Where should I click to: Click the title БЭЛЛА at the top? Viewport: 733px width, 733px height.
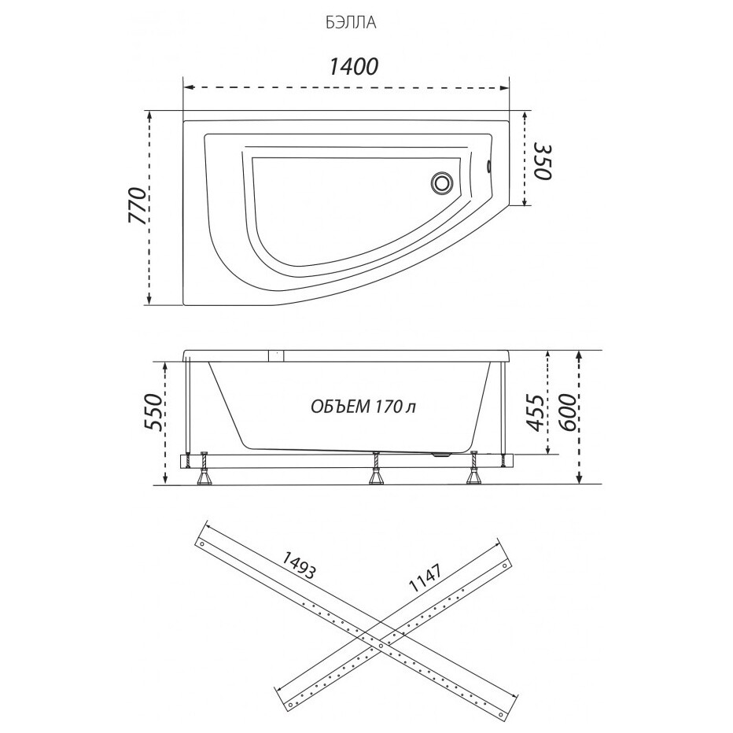[351, 23]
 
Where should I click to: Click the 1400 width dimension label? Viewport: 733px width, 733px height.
[353, 67]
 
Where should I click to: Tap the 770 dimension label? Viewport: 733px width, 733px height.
[138, 206]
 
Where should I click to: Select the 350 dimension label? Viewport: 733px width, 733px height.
[542, 162]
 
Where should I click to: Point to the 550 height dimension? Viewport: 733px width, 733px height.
[154, 411]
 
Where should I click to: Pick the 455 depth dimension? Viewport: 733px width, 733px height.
[536, 413]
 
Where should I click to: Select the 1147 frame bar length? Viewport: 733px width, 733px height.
[425, 578]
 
